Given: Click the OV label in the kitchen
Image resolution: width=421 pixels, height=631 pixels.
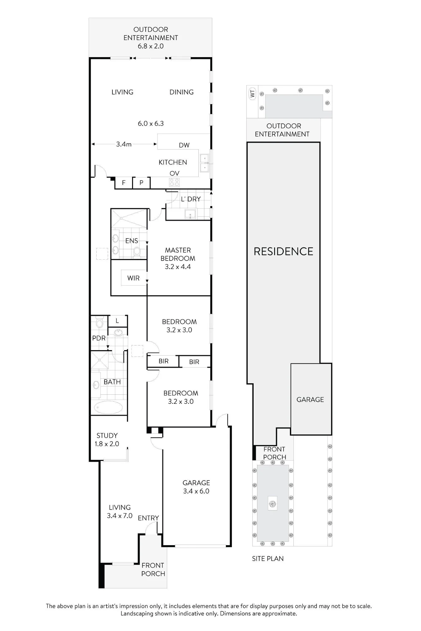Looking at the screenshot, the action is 174,173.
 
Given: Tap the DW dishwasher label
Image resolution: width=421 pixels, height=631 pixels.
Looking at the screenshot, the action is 184,145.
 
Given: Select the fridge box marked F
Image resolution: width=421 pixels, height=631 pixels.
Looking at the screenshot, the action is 123,183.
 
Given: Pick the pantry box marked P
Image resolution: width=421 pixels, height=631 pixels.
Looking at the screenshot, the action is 141,183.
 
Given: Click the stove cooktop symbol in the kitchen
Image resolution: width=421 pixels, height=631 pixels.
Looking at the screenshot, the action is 174,182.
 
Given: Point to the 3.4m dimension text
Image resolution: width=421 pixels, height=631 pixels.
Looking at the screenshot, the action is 123,144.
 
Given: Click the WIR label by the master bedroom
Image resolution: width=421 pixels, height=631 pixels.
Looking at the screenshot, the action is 133,278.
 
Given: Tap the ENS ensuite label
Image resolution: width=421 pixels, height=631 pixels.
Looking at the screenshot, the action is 131,241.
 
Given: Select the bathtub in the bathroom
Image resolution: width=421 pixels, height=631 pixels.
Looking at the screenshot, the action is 108,408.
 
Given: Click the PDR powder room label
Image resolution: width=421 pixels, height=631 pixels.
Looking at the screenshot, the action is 99,338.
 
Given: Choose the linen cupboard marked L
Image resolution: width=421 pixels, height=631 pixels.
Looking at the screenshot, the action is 117,321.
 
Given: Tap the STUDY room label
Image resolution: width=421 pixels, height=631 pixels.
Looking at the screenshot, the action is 107,436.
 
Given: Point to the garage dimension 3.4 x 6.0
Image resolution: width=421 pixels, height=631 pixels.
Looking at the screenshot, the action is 196,491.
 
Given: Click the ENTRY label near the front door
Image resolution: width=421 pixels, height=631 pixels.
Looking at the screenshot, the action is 148,518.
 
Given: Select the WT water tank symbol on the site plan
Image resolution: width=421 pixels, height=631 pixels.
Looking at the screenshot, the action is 252,94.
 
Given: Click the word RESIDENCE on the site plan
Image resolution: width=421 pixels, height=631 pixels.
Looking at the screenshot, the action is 283,251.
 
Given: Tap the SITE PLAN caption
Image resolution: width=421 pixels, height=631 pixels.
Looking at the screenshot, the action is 268,559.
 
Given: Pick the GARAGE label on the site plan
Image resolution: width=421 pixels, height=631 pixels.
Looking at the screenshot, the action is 310,400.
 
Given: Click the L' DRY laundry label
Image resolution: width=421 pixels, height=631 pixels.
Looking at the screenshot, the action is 191,199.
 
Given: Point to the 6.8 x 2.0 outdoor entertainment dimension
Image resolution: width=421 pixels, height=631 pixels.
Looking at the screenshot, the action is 151,46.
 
